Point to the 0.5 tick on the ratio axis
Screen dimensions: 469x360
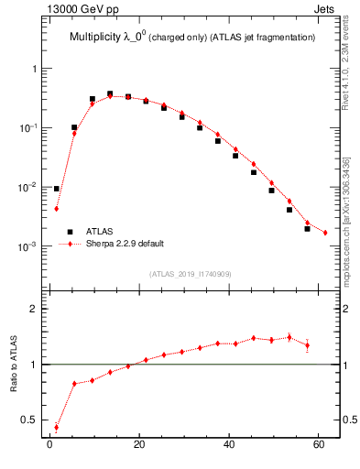[x=31, y=420]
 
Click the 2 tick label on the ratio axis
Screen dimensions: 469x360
[x=35, y=309]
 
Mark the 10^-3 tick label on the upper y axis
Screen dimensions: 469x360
[x=29, y=246]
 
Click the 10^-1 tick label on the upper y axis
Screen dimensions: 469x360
[x=29, y=128]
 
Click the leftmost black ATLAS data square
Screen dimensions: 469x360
[x=57, y=189]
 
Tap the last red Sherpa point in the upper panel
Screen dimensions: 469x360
[x=325, y=233]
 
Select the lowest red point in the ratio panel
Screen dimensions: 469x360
[x=57, y=427]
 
